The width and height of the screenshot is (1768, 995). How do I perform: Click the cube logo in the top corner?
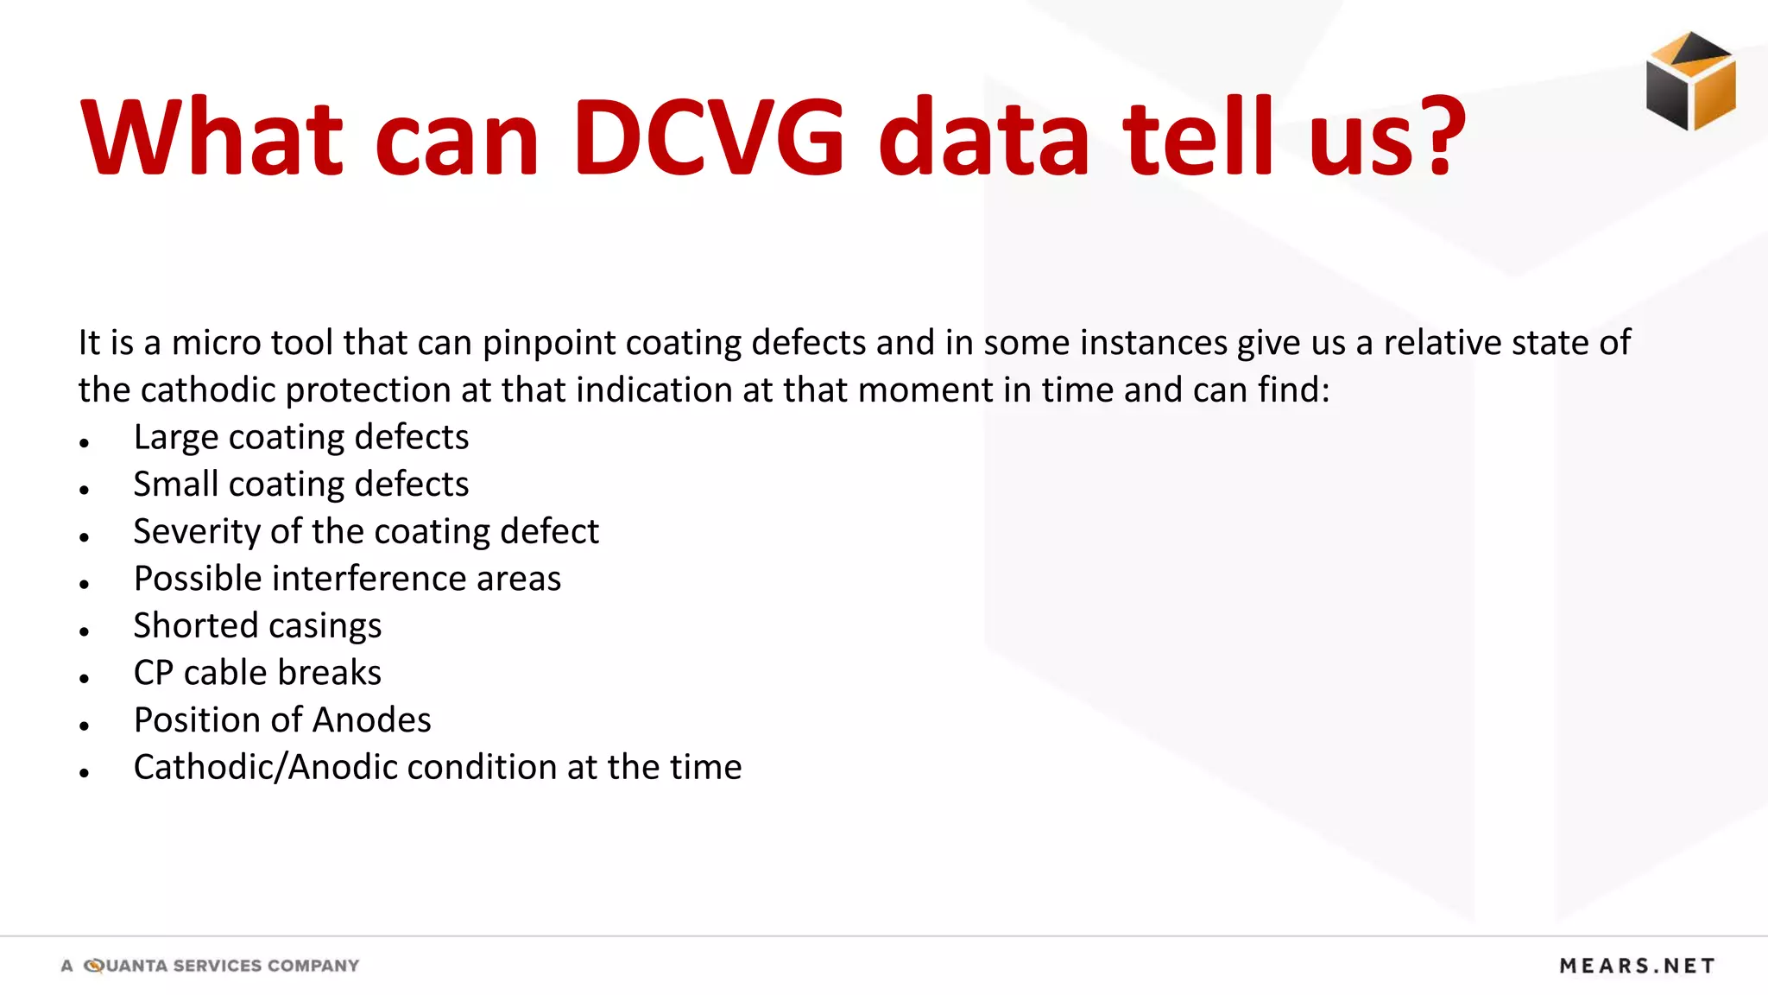(1690, 81)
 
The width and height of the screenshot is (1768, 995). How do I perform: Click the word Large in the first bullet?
(175, 438)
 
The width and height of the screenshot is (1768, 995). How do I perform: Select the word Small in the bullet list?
(175, 485)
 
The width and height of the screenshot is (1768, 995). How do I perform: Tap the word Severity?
(196, 532)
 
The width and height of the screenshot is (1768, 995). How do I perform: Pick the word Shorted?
(195, 626)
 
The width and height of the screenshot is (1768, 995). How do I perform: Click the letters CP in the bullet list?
(154, 673)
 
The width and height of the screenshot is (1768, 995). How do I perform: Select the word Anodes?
(372, 720)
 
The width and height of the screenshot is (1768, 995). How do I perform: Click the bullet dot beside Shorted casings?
(84, 632)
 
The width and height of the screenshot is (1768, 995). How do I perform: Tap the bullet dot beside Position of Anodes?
(84, 726)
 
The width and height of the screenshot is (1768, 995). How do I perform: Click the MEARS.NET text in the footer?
(1637, 966)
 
